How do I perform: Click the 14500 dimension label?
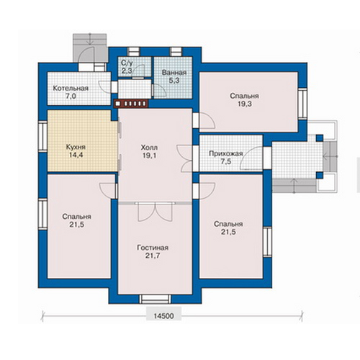pyautogui.click(x=163, y=316)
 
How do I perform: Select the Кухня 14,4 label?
pyautogui.click(x=76, y=151)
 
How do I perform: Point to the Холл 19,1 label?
pyautogui.click(x=149, y=151)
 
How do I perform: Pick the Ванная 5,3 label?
pyautogui.click(x=174, y=76)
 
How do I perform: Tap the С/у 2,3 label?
pyautogui.click(x=127, y=67)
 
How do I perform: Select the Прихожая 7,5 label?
pyautogui.click(x=226, y=157)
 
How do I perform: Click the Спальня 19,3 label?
pyautogui.click(x=244, y=100)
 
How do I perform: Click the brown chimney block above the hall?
pyautogui.click(x=131, y=104)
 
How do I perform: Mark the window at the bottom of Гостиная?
pyautogui.click(x=155, y=299)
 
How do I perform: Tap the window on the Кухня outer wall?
pyautogui.click(x=43, y=137)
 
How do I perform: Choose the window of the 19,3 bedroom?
pyautogui.click(x=302, y=104)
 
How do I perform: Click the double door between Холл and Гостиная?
pyautogui.click(x=156, y=211)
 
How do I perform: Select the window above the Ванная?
pyautogui.click(x=176, y=52)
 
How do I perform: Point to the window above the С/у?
pyautogui.click(x=133, y=52)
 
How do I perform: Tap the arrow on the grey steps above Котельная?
pyautogui.click(x=90, y=39)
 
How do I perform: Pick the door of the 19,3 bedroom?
pyautogui.click(x=207, y=121)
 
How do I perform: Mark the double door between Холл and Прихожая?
pyautogui.click(x=185, y=158)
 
